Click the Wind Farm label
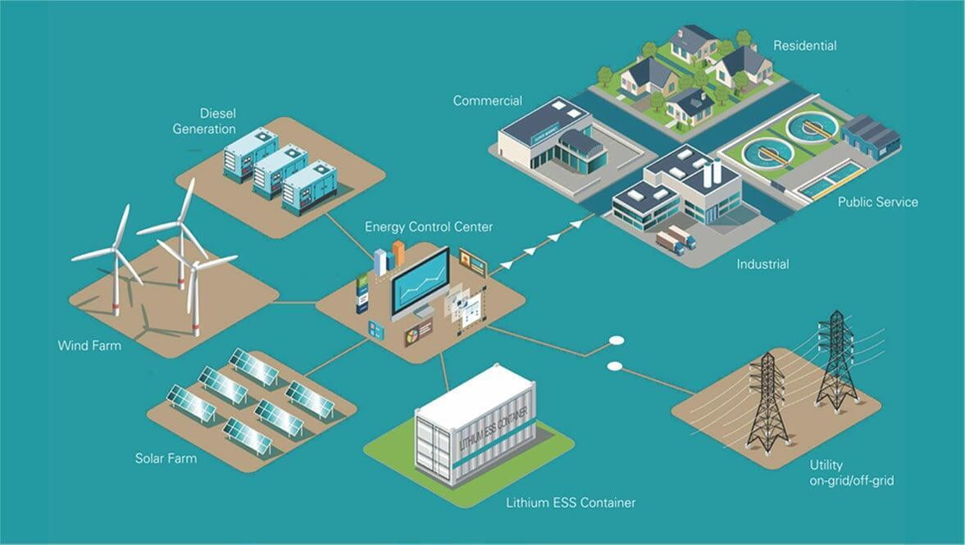point(89,346)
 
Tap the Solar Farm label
point(166,458)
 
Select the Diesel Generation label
point(204,121)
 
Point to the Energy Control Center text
point(429,227)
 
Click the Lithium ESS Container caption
point(571,502)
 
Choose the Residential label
point(805,46)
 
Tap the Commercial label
point(488,101)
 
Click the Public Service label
point(877,202)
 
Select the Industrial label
point(762,265)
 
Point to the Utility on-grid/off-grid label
point(852,473)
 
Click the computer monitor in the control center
point(421,283)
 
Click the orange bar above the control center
point(398,253)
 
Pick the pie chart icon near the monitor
point(412,336)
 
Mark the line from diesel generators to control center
point(349,236)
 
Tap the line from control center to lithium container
point(444,372)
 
